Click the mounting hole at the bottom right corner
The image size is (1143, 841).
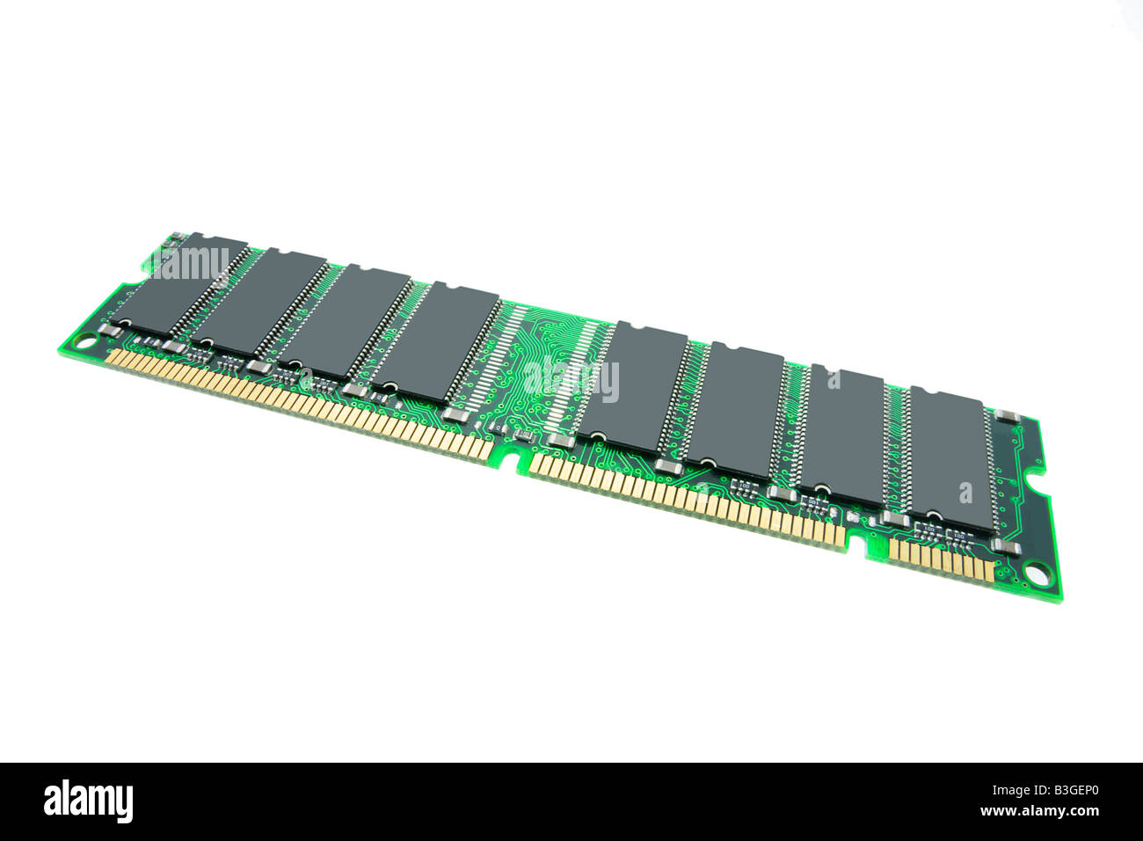[x=1037, y=576]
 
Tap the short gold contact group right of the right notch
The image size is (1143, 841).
[x=940, y=558]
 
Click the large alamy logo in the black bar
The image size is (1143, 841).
[x=88, y=801]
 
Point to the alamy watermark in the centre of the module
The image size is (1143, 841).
[x=571, y=379]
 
